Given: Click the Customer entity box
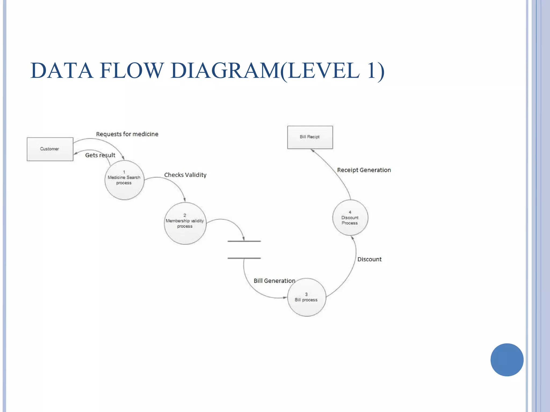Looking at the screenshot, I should (50, 149).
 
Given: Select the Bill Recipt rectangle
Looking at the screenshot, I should (310, 137).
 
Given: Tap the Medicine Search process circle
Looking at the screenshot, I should (124, 180).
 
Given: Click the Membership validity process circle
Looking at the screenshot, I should (185, 223).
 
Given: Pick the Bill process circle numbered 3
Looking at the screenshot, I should (306, 297).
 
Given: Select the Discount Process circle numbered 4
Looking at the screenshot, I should (350, 218).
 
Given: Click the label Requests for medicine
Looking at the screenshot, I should (127, 134).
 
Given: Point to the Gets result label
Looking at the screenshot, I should (100, 155).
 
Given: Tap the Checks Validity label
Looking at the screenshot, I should (185, 175).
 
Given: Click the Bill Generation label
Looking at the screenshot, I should (274, 281).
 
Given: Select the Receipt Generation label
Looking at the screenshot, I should (364, 170).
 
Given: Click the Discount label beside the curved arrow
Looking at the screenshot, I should (369, 259).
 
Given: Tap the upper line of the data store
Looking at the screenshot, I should (244, 241).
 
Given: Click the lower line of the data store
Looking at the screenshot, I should (244, 258).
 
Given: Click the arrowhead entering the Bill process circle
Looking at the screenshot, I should (285, 297).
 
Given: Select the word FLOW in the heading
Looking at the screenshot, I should (132, 71).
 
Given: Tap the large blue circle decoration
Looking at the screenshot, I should (507, 360).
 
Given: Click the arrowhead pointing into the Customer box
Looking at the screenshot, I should (76, 153).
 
